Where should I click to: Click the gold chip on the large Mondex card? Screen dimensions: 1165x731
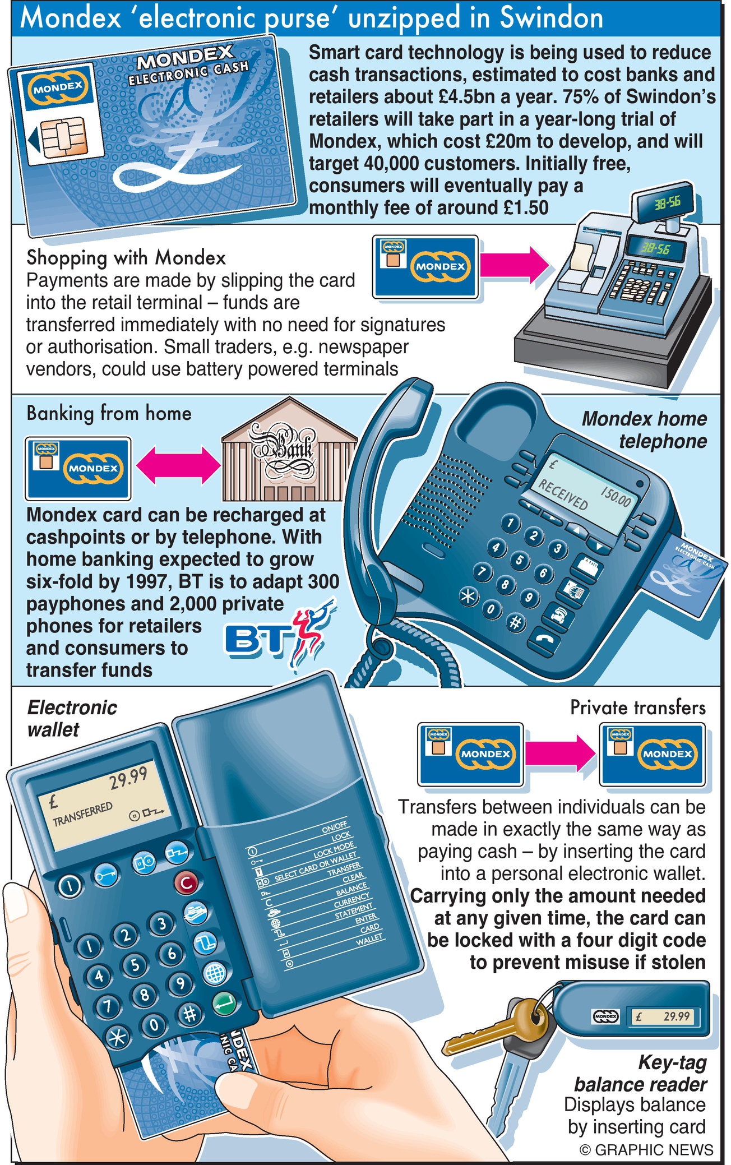62,136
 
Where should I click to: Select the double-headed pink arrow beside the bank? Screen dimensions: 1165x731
177,466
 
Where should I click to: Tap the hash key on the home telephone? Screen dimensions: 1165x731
514,622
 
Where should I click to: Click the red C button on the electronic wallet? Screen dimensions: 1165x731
186,883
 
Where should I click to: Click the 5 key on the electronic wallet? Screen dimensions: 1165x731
135,964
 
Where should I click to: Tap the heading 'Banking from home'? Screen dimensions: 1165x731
109,413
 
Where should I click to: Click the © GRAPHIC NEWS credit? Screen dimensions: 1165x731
646,1150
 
